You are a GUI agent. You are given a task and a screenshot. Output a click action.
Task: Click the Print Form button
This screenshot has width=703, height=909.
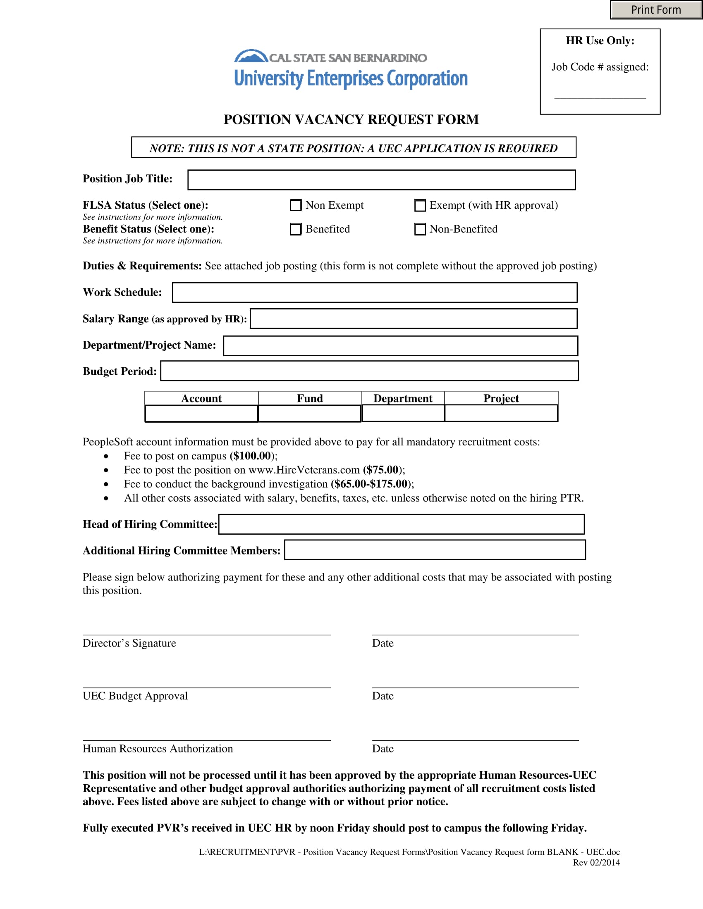pyautogui.click(x=655, y=10)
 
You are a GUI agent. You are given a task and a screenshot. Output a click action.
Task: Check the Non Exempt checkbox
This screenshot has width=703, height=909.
pyautogui.click(x=295, y=205)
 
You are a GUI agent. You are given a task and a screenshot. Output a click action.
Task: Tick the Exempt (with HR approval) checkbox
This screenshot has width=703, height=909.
pyautogui.click(x=420, y=205)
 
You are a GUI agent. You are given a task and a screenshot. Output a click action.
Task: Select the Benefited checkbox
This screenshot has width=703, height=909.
pyautogui.click(x=295, y=229)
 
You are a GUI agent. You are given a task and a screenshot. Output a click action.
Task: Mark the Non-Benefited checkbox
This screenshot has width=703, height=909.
pyautogui.click(x=420, y=229)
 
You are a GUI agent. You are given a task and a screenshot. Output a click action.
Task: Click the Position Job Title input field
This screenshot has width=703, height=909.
pyautogui.click(x=381, y=180)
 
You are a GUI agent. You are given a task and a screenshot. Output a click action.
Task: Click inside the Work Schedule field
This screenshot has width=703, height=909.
pyautogui.click(x=374, y=293)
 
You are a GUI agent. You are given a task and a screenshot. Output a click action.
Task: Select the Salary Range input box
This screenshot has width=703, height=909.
pyautogui.click(x=413, y=319)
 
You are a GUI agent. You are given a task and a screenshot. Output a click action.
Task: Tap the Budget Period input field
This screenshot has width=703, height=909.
pyautogui.click(x=369, y=371)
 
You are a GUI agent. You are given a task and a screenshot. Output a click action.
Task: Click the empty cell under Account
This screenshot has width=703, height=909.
pyautogui.click(x=201, y=413)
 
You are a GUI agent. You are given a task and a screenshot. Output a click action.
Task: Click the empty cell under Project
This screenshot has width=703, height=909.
pyautogui.click(x=501, y=413)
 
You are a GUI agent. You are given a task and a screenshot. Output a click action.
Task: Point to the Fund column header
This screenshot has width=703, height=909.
pyautogui.click(x=309, y=398)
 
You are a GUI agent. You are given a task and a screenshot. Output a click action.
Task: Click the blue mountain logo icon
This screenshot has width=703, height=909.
pyautogui.click(x=250, y=56)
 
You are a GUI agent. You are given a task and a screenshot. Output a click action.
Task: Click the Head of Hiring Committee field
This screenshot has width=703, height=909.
pyautogui.click(x=401, y=524)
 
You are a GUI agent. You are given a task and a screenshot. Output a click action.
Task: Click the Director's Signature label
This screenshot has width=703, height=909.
pyautogui.click(x=129, y=643)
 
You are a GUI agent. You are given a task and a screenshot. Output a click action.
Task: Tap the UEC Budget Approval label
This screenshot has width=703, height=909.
pyautogui.click(x=135, y=696)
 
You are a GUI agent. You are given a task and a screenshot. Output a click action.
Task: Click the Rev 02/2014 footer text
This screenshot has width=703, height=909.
pyautogui.click(x=596, y=862)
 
